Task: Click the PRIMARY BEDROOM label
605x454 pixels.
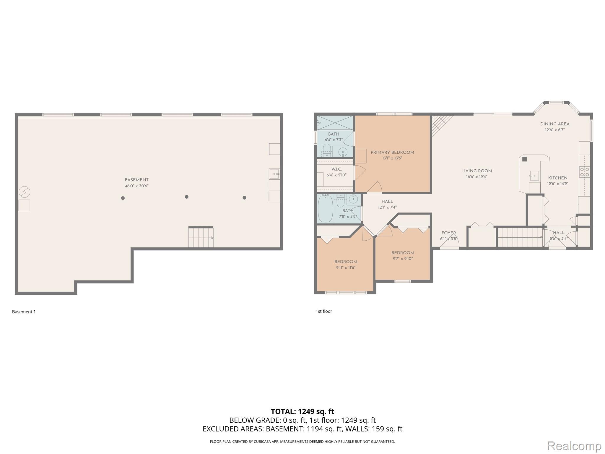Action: coord(392,153)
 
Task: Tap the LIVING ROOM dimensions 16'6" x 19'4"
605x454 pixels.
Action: coord(476,177)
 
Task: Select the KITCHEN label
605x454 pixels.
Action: coord(557,178)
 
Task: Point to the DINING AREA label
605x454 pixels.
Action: coord(554,124)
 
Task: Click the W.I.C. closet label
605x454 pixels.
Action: coord(336,169)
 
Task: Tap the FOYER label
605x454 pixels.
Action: coord(448,233)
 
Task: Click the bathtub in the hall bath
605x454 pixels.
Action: coord(325,208)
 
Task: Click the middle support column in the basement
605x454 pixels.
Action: coord(186,197)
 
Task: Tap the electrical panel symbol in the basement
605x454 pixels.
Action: coord(25,192)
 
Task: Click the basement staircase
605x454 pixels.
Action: coord(201,237)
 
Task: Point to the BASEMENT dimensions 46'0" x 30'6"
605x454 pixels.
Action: coord(136,186)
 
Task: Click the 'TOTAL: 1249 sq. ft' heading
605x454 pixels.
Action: coord(302,411)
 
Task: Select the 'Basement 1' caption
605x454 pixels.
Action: coord(24,312)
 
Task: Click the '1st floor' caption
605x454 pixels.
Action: coord(324,311)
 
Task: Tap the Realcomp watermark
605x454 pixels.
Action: coord(574,446)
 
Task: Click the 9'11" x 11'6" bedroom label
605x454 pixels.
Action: coord(346,262)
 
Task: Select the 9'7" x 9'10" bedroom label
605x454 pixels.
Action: coord(403,253)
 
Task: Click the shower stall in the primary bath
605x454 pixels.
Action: coord(335,122)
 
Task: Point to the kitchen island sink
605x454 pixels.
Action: coord(534,176)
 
